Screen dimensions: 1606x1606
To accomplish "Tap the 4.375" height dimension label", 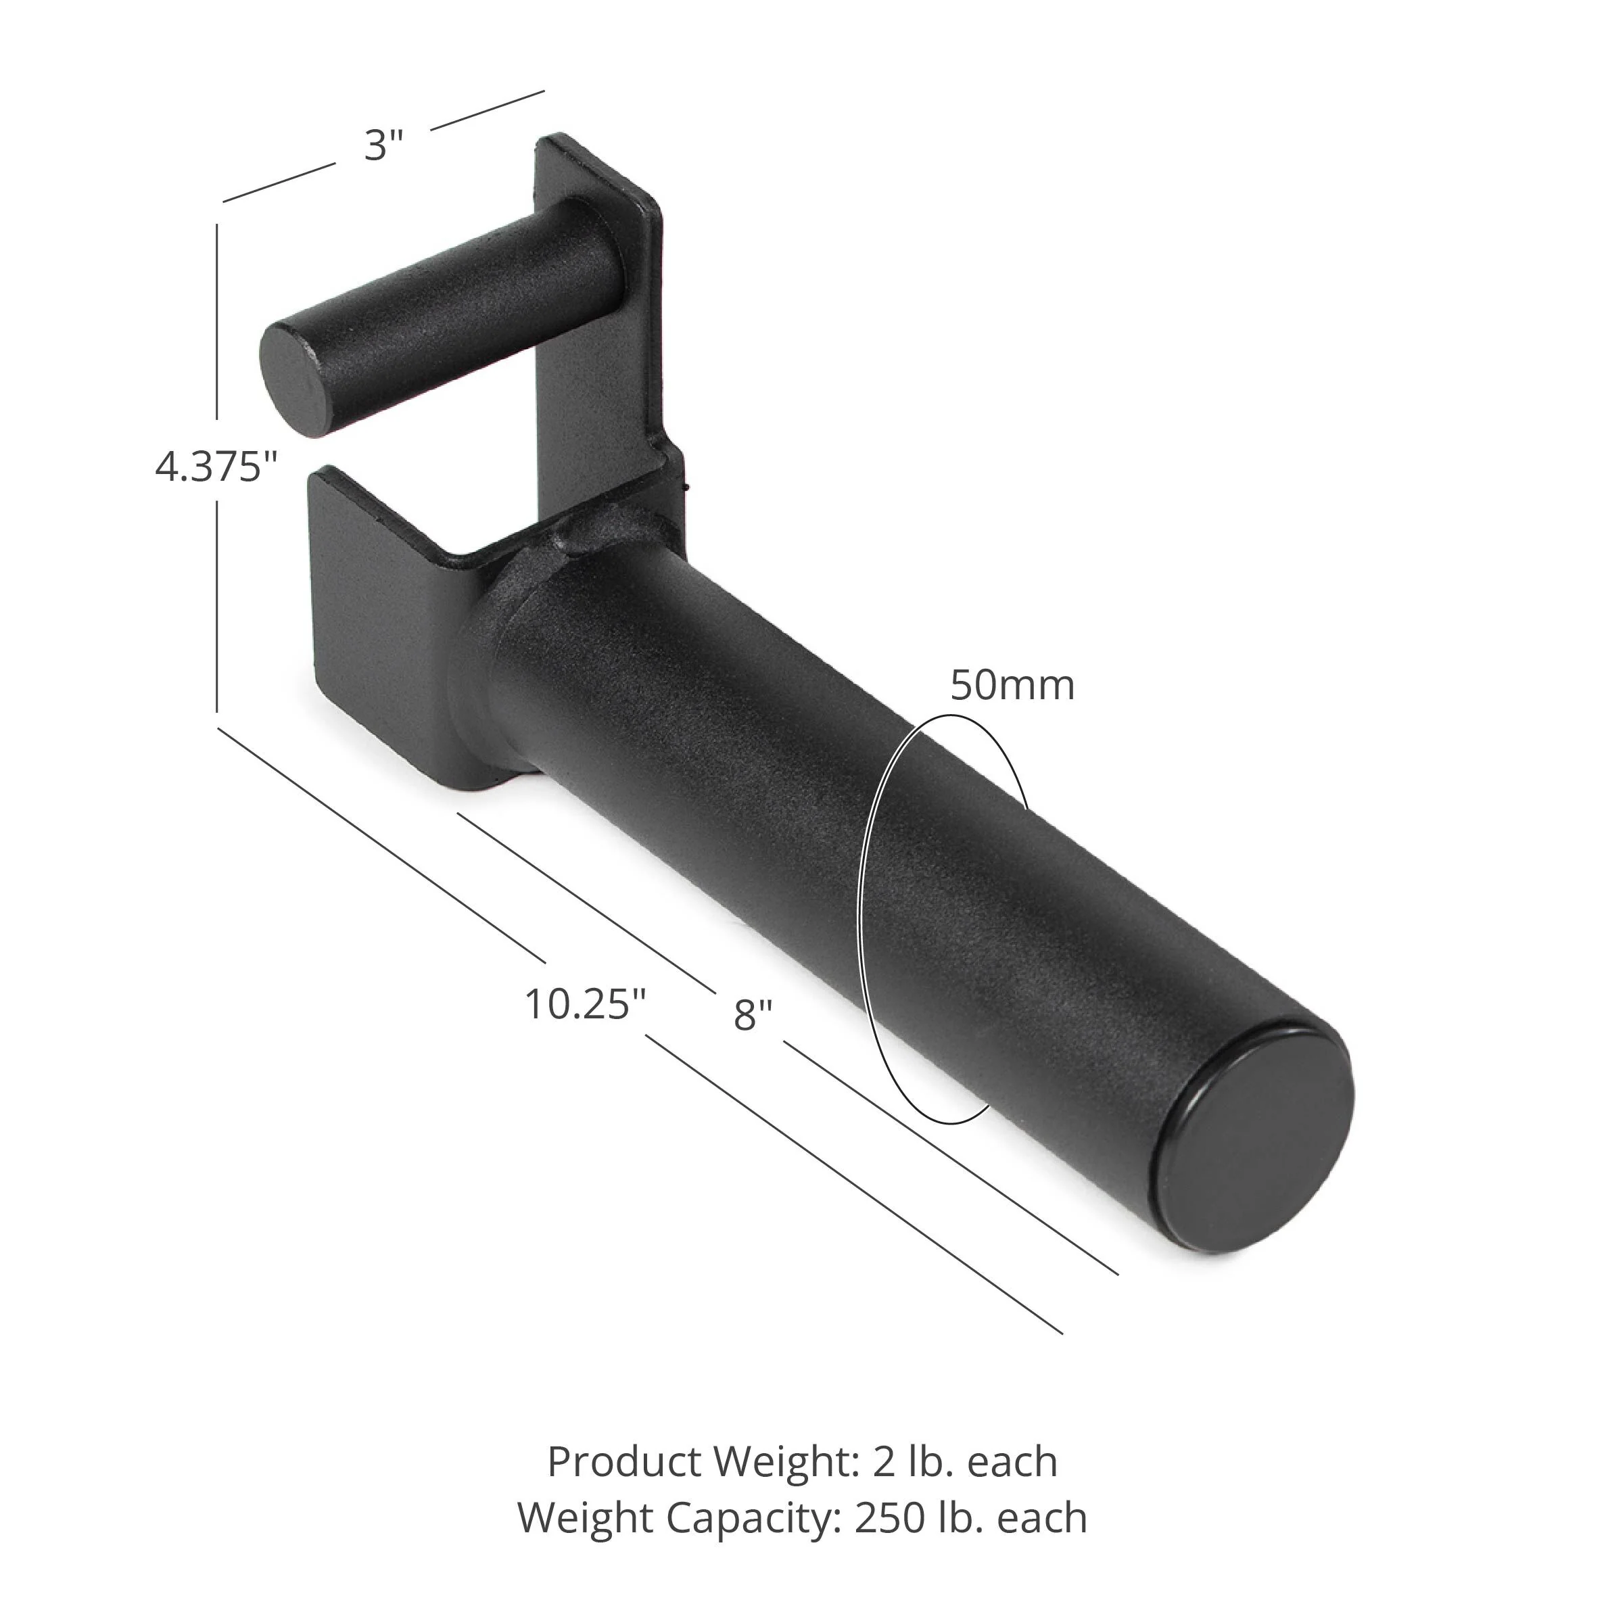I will click(x=215, y=467).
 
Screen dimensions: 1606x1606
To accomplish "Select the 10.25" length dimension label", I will click(x=585, y=1004).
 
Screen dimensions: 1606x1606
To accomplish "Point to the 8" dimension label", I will click(x=753, y=1015).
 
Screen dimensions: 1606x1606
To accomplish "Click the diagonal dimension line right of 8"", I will click(x=947, y=1156).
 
